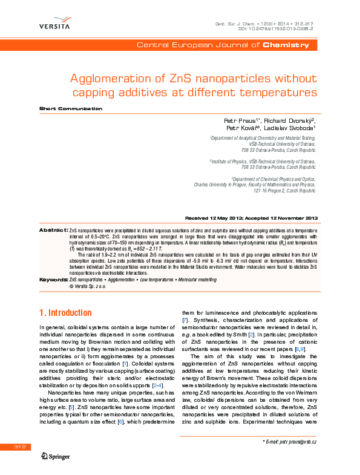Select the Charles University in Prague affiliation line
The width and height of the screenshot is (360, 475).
(x=254, y=185)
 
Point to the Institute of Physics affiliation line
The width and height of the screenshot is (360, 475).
(x=263, y=162)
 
